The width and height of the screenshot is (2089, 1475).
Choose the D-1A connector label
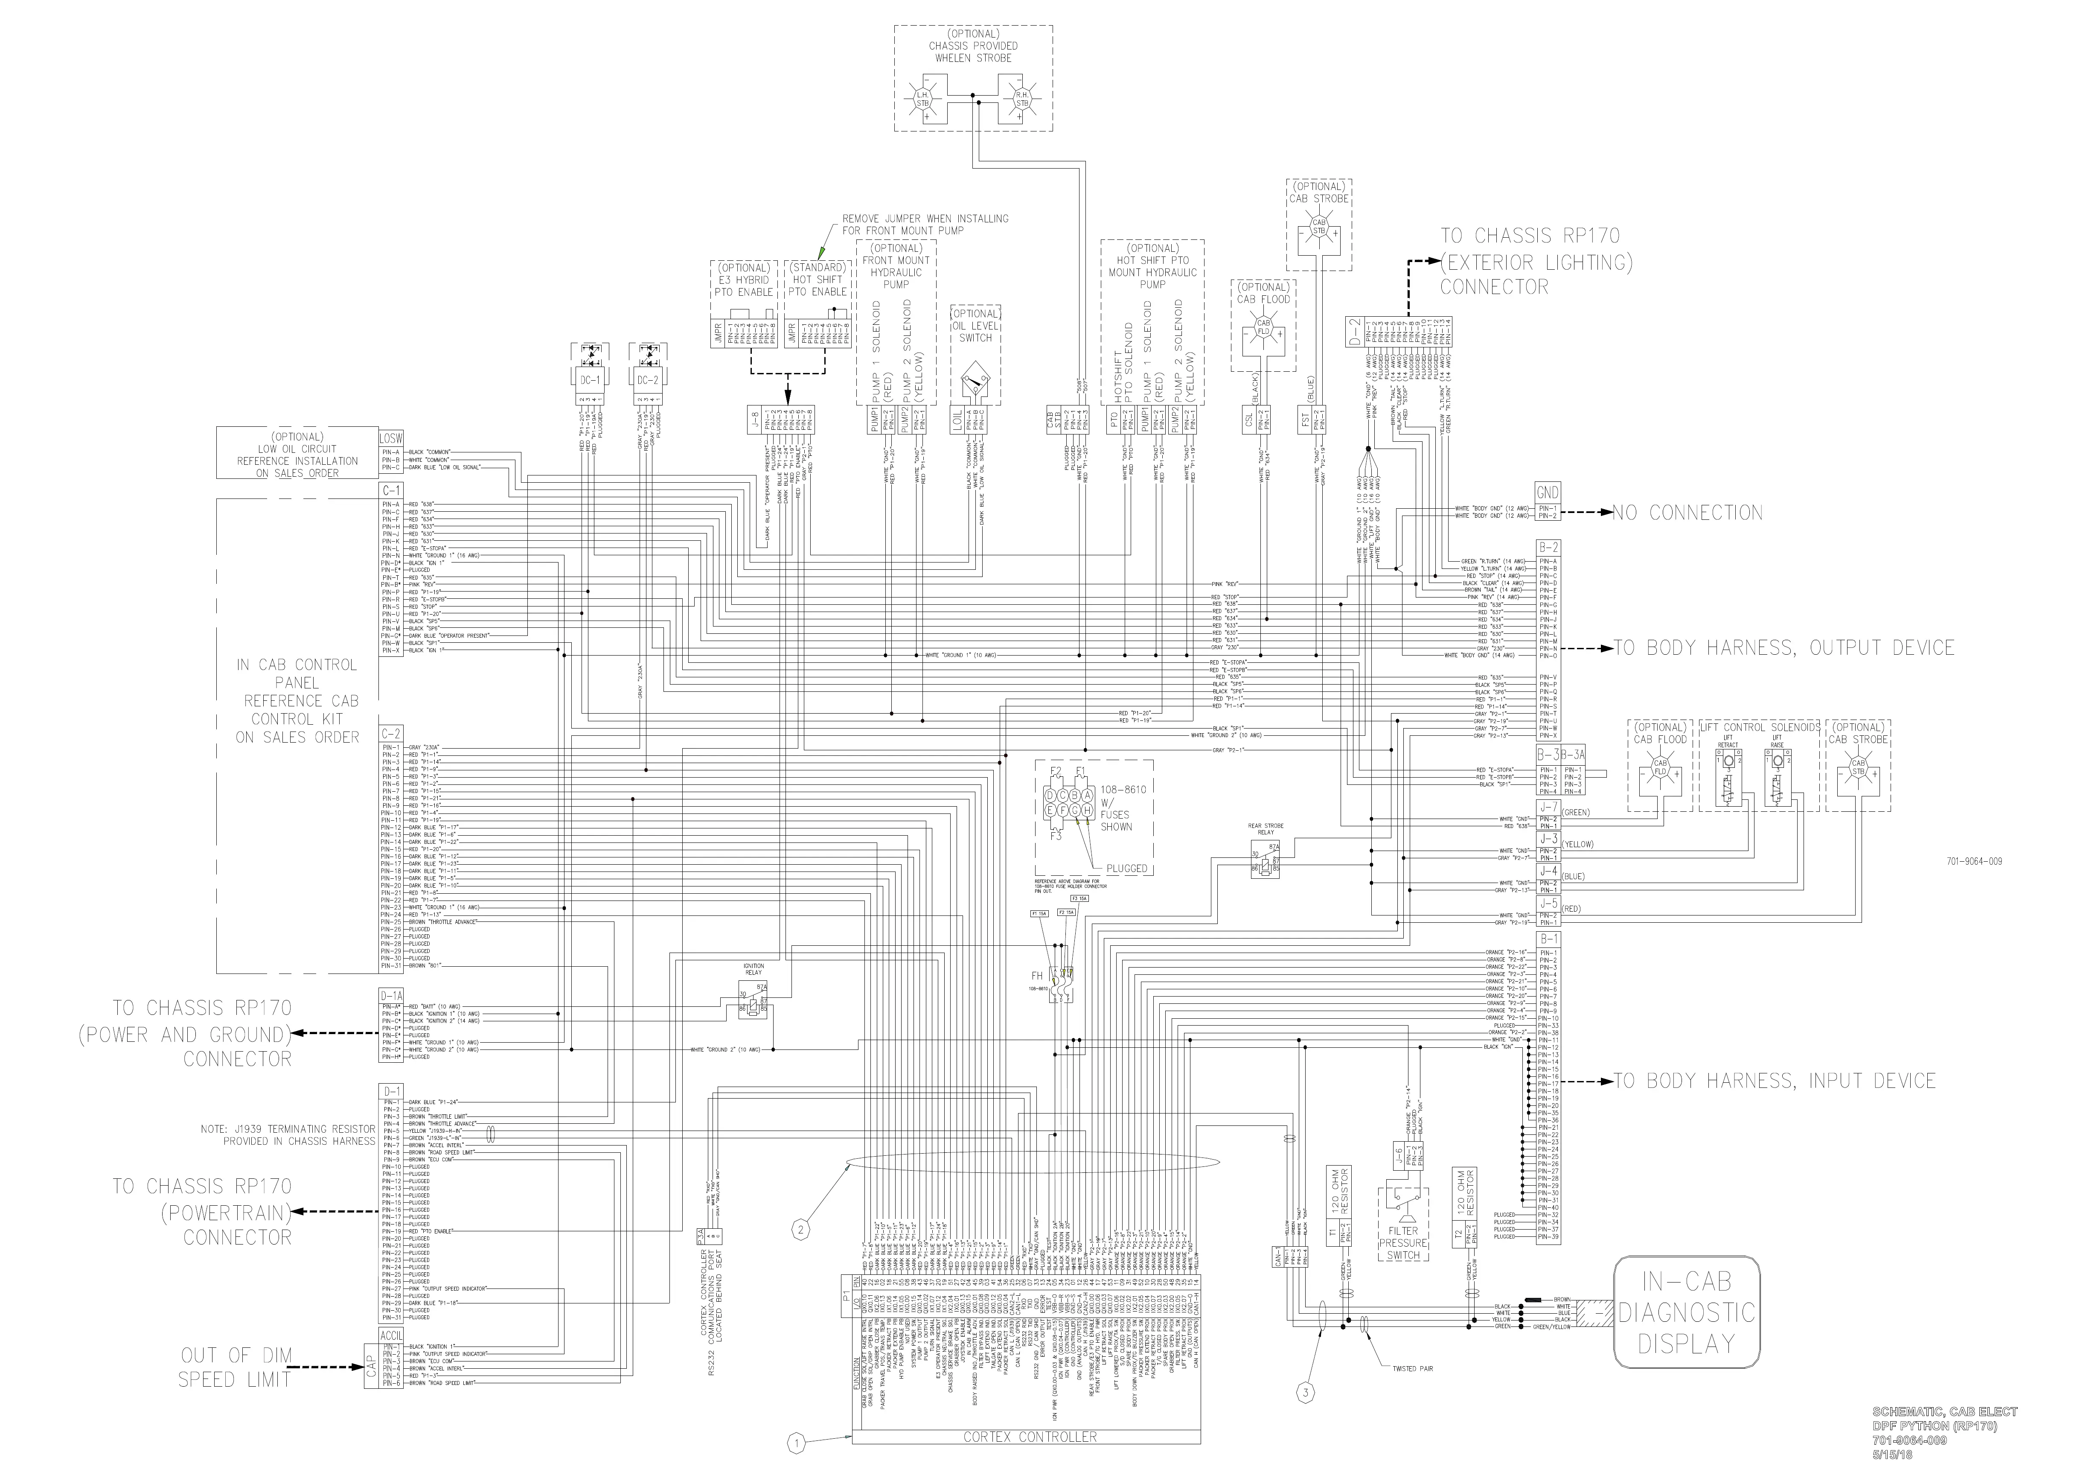pos(391,997)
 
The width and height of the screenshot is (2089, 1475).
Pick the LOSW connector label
pos(390,439)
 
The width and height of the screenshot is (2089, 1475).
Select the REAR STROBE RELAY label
pos(1266,829)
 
